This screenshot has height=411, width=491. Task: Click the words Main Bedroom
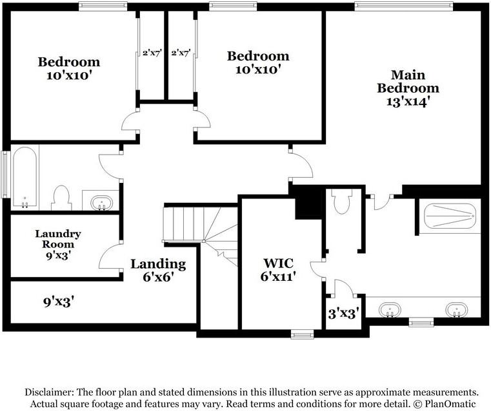pos(408,81)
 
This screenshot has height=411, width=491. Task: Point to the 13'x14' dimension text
pos(408,101)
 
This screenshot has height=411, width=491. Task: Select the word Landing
pos(158,263)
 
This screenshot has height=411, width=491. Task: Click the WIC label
pos(279,263)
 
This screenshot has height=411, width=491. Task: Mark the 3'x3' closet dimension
pos(343,314)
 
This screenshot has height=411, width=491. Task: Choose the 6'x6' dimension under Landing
pos(158,279)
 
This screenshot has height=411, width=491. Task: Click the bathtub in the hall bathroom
pos(25,177)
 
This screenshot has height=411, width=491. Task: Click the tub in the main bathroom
pos(449,215)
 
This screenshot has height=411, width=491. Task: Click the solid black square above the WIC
pos(308,203)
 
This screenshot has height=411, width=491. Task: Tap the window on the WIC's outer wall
pos(302,334)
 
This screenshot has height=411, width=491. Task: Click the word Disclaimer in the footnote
pos(50,392)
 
